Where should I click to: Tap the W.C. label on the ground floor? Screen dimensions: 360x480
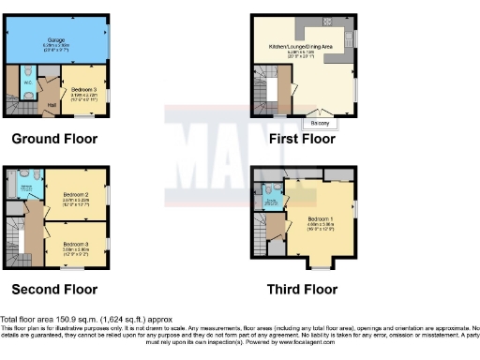pyautogui.click(x=28, y=81)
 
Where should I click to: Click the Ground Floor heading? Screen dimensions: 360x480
pyautogui.click(x=54, y=140)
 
